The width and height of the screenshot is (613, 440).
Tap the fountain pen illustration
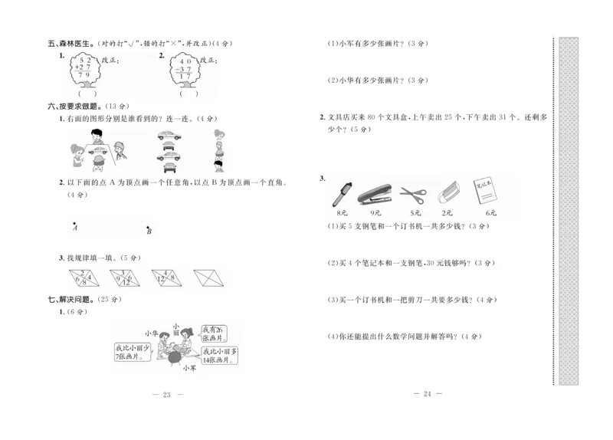338,195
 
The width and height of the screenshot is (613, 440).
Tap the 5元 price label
415,212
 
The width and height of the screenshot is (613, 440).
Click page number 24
428,393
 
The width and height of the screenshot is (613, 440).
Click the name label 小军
188,368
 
